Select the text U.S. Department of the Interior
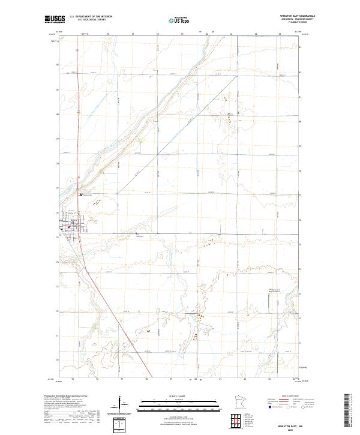coord(91,16)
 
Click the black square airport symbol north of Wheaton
coord(80,195)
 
